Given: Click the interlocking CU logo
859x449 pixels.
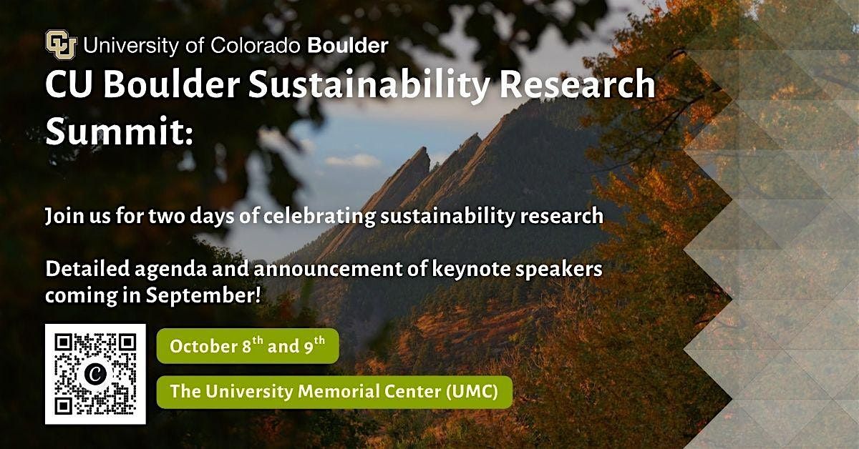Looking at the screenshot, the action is (61, 44).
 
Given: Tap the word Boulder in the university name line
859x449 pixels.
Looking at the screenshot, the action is (348, 46).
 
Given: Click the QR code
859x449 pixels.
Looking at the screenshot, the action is (95, 374).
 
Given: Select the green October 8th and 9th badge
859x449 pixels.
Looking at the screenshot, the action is (248, 346).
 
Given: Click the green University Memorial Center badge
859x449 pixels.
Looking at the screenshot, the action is (334, 392).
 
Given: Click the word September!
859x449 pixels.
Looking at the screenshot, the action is (203, 296).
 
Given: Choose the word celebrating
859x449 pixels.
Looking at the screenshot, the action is (319, 216).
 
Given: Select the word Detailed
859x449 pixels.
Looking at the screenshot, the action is (87, 269).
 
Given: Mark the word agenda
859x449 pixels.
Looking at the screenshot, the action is (170, 270).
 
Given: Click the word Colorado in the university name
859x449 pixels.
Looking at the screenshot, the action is (255, 46).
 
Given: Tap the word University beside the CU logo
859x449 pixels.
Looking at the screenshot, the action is (131, 46).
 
